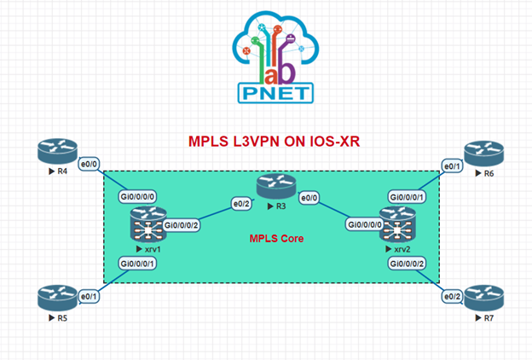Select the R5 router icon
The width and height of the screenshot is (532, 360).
(56, 297)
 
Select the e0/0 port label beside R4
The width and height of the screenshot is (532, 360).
(88, 163)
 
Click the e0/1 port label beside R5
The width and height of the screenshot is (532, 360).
(88, 296)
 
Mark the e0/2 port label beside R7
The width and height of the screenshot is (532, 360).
(451, 296)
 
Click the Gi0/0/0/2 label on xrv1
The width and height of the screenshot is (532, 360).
(180, 225)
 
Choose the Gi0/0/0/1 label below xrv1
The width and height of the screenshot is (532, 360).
(137, 264)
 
